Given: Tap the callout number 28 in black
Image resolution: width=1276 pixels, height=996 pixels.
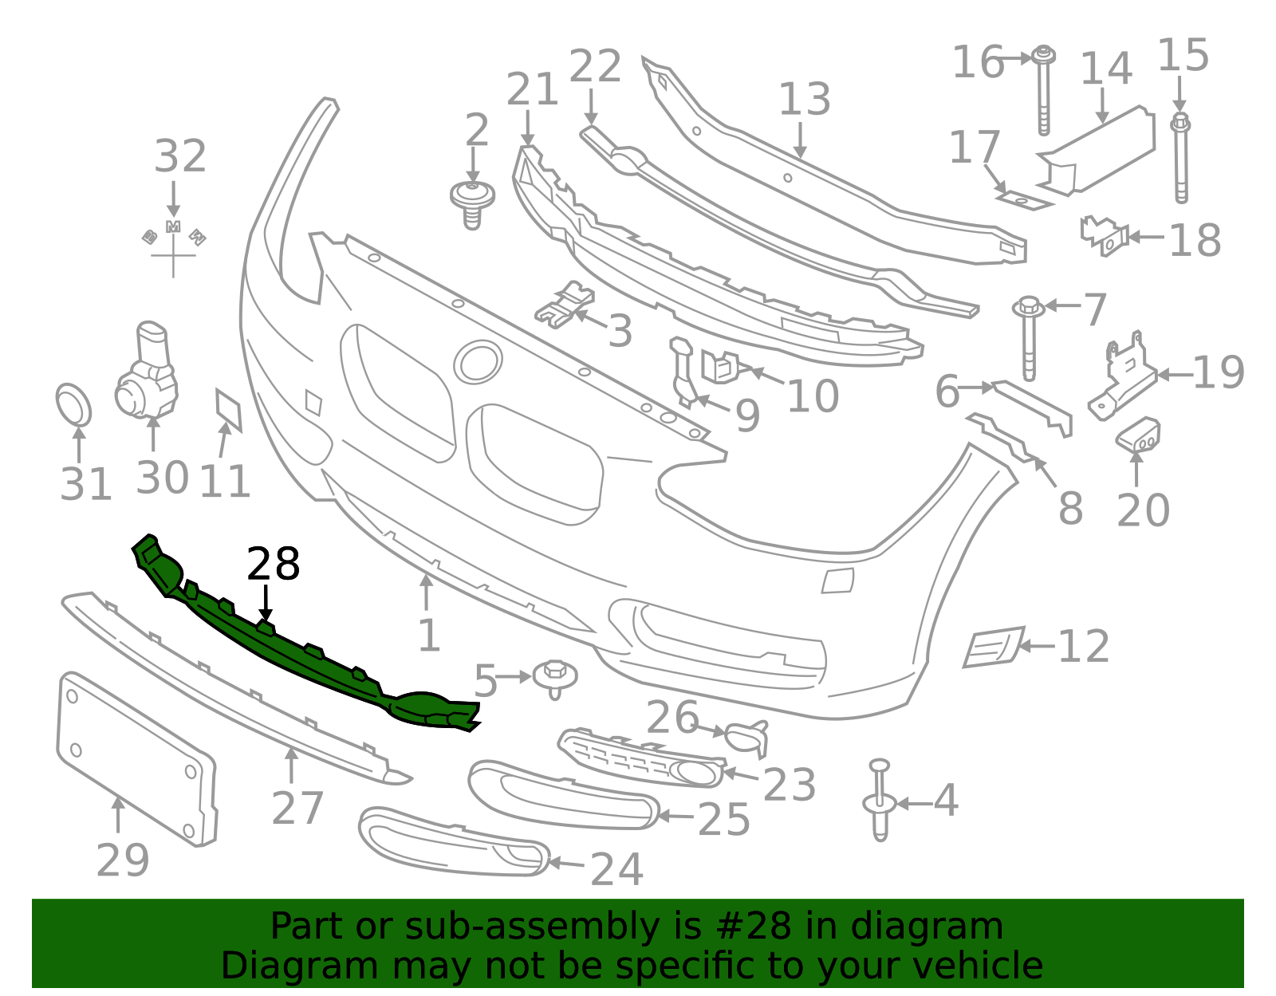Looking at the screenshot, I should tap(274, 565).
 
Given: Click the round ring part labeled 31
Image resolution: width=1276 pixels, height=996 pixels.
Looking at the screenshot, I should tap(73, 405).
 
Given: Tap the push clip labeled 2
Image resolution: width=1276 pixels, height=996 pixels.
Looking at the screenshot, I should tap(472, 201).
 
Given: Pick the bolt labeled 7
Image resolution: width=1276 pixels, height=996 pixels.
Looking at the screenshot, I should tap(1029, 339).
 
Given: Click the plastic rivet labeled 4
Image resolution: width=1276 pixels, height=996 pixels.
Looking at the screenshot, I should tap(880, 801).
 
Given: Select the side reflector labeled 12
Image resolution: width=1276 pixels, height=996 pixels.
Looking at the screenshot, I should tap(993, 646).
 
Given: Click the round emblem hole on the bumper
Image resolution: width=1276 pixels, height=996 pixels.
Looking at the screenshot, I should tap(478, 363).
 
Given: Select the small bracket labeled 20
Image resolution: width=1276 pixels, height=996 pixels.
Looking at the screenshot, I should tap(1139, 435).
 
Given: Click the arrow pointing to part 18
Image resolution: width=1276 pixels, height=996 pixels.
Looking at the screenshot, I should tap(1145, 237).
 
